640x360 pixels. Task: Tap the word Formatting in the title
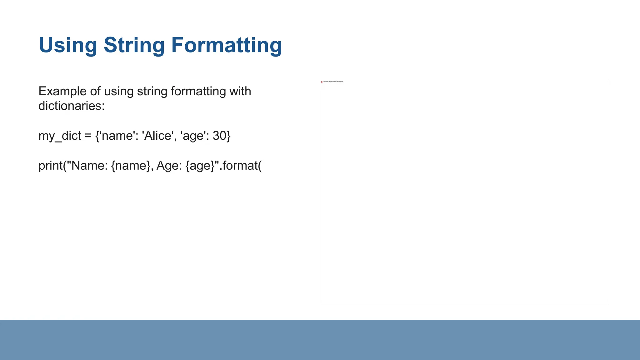(x=227, y=45)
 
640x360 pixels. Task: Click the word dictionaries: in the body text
(x=71, y=106)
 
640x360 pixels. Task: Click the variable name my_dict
(x=60, y=136)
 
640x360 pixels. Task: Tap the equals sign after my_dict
(x=88, y=136)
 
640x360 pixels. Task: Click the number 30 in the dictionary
(x=219, y=136)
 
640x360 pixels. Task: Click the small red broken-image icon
(x=322, y=82)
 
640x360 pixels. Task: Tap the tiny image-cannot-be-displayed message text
(x=333, y=82)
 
